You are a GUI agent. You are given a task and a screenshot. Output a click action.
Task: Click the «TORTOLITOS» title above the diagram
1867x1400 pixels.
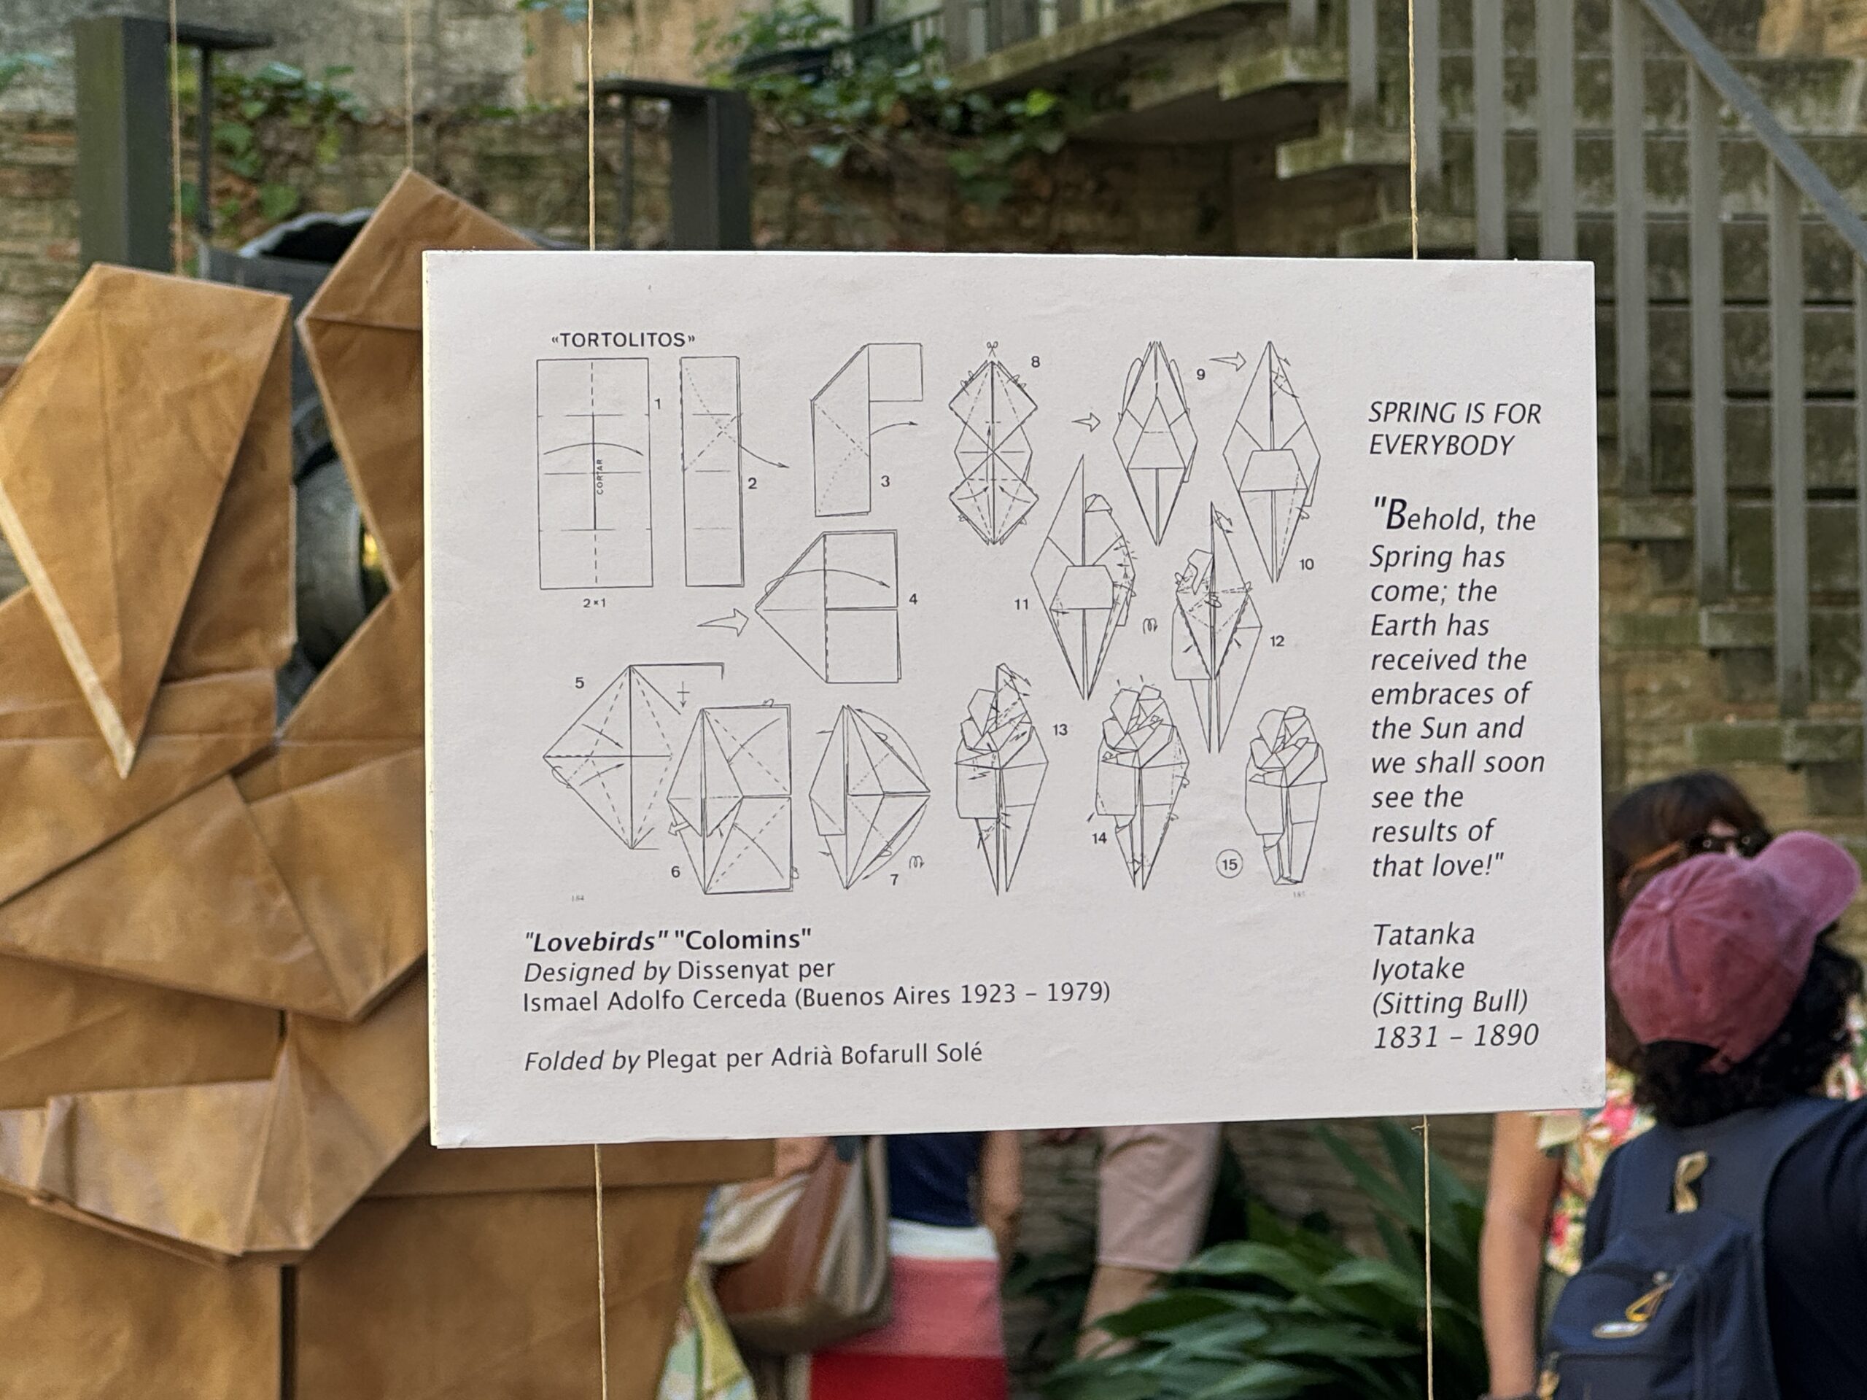coord(623,340)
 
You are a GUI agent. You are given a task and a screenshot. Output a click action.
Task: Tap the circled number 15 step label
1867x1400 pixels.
coord(1229,864)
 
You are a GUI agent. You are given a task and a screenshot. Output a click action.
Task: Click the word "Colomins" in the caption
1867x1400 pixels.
coord(742,939)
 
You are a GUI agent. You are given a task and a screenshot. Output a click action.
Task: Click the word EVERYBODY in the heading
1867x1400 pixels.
coord(1442,446)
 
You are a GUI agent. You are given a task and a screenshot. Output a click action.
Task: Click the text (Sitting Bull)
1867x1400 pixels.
coord(1450,1003)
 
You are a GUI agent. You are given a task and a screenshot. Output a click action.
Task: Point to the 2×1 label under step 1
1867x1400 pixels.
coord(594,603)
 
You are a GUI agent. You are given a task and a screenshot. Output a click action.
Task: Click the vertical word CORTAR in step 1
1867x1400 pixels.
coord(599,475)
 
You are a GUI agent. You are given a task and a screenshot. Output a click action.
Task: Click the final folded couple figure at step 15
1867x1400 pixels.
coord(1284,796)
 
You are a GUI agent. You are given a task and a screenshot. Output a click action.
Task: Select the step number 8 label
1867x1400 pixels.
coord(1036,362)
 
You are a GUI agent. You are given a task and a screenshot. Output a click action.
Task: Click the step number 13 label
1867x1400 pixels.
coord(1060,730)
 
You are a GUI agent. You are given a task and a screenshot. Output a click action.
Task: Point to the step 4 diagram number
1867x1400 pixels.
coord(913,599)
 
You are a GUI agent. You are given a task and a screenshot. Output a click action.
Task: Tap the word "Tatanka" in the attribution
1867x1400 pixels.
coord(1424,935)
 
